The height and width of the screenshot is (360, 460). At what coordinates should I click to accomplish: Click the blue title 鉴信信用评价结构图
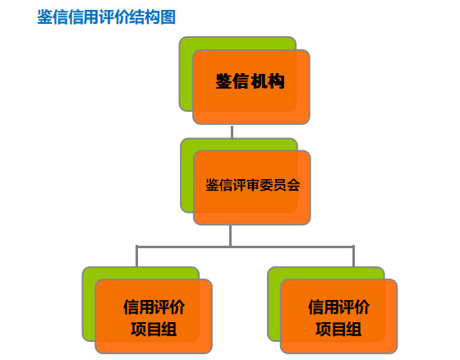(106, 16)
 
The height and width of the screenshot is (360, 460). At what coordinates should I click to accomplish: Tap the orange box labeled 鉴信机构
(251, 87)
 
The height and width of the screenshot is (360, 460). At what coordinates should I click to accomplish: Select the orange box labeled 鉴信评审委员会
(251, 187)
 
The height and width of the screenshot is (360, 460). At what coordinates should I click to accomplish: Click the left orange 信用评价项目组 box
(154, 316)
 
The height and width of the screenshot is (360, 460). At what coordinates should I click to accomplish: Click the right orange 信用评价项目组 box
(338, 316)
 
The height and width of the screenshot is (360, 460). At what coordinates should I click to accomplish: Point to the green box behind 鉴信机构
(186, 73)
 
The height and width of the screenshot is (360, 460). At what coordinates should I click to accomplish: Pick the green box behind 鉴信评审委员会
(187, 175)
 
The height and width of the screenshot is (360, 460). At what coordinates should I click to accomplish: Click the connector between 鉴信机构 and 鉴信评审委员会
(232, 132)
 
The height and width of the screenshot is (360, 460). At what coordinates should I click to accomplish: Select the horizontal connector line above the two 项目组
(245, 247)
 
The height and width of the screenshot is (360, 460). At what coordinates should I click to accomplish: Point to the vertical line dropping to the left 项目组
(136, 256)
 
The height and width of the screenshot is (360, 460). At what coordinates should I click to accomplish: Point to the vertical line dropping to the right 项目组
(353, 256)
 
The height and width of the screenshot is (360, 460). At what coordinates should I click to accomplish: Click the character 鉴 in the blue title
(45, 16)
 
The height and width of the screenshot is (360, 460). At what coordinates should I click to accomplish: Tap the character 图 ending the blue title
(168, 16)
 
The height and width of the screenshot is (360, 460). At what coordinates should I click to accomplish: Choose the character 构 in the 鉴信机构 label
(276, 81)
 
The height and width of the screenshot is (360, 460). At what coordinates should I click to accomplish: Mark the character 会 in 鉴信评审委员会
(293, 185)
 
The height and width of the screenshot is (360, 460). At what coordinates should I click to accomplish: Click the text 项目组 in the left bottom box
(154, 329)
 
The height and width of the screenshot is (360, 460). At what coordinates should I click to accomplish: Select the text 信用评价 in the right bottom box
(338, 307)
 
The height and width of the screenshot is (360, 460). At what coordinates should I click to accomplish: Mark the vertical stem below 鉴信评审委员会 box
(231, 236)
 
